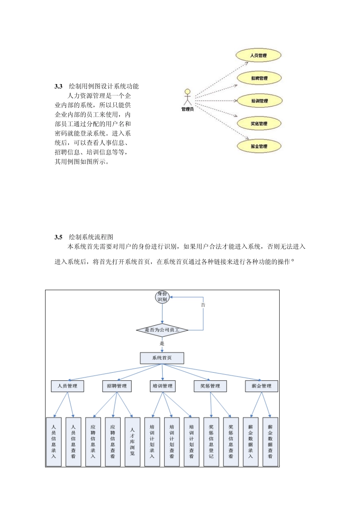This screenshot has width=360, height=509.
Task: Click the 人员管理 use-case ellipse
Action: tap(258, 55)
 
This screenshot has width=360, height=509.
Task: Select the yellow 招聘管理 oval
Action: tap(259, 78)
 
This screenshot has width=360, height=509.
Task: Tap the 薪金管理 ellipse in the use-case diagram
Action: tap(259, 146)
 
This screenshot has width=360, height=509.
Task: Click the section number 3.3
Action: tap(58, 86)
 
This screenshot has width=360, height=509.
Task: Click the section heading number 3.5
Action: tap(58, 237)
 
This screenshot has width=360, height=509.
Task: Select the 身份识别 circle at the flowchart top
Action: tap(162, 297)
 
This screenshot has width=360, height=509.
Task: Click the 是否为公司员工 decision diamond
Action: tap(162, 330)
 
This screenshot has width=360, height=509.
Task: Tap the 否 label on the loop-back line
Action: tap(203, 305)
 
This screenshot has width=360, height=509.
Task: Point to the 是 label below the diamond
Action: tap(162, 344)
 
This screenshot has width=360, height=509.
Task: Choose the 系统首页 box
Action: tap(162, 358)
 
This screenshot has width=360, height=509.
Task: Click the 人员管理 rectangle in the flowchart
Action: tap(67, 386)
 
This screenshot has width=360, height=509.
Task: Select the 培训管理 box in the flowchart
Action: tap(163, 386)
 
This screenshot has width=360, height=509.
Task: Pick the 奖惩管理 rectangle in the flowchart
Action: tap(210, 386)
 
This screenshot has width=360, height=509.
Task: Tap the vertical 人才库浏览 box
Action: tap(132, 442)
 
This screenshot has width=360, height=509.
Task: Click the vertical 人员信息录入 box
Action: tap(53, 442)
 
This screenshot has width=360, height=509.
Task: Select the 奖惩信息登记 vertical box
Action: tap(211, 442)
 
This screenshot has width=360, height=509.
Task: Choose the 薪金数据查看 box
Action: tap(270, 442)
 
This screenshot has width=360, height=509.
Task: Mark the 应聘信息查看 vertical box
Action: tap(113, 442)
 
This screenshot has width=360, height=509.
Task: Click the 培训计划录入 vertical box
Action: tap(152, 442)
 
